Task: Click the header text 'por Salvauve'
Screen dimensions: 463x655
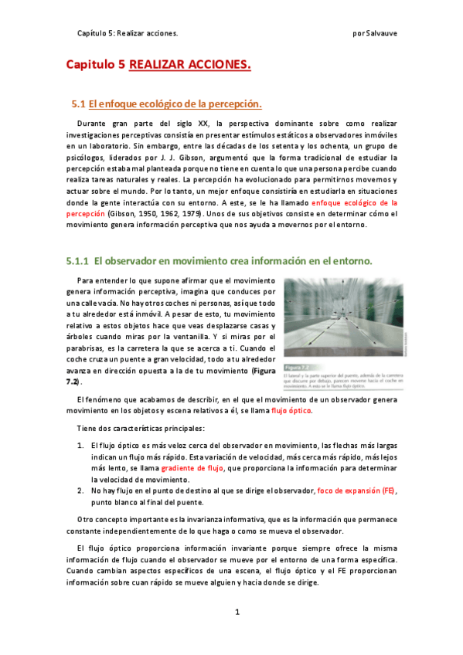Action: click(374, 33)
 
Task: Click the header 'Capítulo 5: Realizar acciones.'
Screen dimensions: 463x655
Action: click(128, 33)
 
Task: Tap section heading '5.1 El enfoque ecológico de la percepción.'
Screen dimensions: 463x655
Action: click(167, 104)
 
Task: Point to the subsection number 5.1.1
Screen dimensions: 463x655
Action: click(78, 261)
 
